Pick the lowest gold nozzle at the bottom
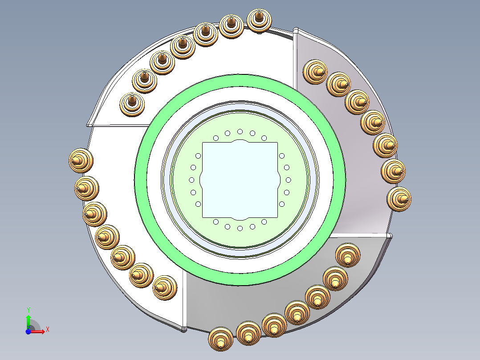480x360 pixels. pyautogui.click(x=221, y=340)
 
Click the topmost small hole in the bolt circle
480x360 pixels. pyautogui.click(x=240, y=131)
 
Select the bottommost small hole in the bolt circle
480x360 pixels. pyautogui.click(x=240, y=228)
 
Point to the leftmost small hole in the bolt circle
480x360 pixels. pyautogui.click(x=191, y=180)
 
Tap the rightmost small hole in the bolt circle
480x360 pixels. pyautogui.click(x=289, y=180)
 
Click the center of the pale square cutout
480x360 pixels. pyautogui.click(x=240, y=180)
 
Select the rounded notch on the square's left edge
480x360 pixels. pyautogui.click(x=203, y=180)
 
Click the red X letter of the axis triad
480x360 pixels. pyautogui.click(x=47, y=329)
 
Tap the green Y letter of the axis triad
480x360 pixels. pyautogui.click(x=28, y=309)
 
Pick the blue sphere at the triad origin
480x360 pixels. pyautogui.click(x=28, y=331)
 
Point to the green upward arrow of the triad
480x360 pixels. pyautogui.click(x=28, y=320)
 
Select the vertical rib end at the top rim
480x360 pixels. pyautogui.click(x=295, y=31)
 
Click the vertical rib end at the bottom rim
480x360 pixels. pyautogui.click(x=184, y=329)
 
